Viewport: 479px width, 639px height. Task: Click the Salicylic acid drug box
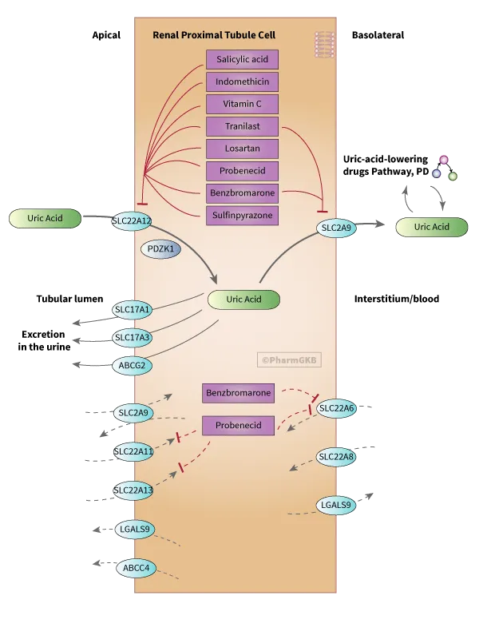242,59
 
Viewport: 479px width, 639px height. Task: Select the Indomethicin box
242,81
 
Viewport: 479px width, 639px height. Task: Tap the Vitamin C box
242,104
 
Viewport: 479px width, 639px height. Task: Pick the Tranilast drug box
242,126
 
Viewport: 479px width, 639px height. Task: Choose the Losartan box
242,149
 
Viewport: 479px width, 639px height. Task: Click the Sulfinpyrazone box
242,215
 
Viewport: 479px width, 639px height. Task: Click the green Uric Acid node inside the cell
243,300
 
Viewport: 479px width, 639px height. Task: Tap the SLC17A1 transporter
133,309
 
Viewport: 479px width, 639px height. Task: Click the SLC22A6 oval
336,409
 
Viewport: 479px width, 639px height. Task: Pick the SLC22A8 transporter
336,457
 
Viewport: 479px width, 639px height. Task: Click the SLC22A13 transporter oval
133,490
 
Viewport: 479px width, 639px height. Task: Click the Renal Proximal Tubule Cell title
214,35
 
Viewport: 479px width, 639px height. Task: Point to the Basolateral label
378,35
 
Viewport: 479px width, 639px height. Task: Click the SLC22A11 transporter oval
133,451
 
